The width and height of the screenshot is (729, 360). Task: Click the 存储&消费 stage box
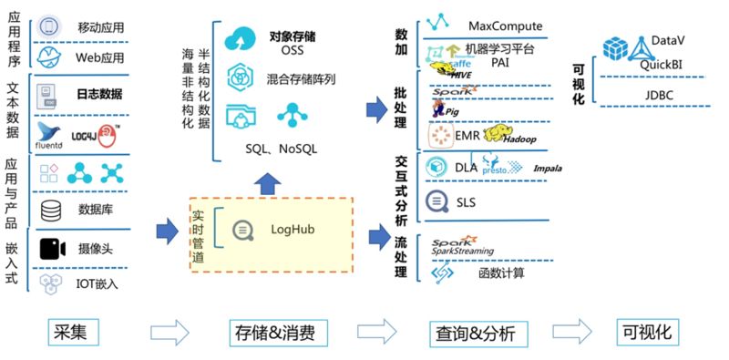274,333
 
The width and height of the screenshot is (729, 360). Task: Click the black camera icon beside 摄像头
52,247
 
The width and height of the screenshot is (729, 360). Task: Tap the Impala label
548,169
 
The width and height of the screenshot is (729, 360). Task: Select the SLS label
466,201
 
